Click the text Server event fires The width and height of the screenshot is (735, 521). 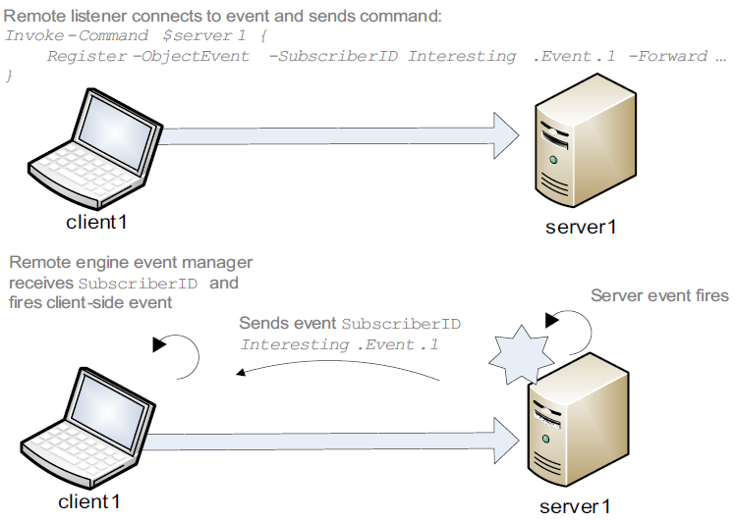659,295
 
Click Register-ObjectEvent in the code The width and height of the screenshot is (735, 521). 147,56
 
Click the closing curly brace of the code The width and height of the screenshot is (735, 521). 10,76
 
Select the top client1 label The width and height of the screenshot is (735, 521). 96,222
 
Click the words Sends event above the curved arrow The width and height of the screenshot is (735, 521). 288,324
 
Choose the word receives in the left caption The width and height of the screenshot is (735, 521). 40,283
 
